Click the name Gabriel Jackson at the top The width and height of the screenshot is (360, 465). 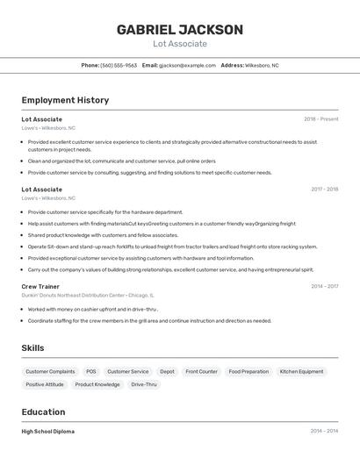180,30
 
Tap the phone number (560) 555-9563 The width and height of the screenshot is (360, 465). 119,65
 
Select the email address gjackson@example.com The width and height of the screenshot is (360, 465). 187,65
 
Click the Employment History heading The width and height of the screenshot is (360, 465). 65,100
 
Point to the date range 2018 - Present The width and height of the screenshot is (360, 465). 320,118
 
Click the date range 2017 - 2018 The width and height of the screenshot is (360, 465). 324,189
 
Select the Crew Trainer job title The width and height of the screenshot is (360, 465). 40,286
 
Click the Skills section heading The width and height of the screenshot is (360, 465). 32,348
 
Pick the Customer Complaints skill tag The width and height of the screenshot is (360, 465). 50,371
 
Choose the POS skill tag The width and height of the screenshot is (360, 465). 91,371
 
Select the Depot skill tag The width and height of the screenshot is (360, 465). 167,371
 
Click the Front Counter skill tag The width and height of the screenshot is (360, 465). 201,371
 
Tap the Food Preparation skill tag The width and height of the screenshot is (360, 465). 248,371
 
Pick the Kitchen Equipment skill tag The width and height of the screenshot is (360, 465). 301,371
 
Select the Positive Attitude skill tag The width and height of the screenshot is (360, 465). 45,384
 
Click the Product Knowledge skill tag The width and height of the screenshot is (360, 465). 97,384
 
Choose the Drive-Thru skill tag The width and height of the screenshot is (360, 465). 144,384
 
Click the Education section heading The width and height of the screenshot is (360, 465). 43,411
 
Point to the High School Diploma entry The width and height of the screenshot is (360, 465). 47,431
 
